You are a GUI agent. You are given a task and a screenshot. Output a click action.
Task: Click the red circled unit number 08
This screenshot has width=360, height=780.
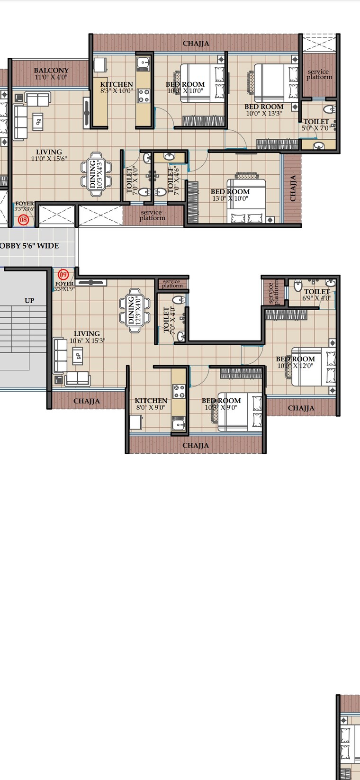tap(23, 220)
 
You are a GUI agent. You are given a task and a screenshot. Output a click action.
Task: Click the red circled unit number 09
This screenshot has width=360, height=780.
tap(63, 275)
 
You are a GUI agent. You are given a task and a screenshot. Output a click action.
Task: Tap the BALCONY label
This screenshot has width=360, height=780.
tap(51, 71)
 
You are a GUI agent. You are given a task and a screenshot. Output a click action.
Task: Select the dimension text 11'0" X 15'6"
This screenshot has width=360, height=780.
tap(49, 159)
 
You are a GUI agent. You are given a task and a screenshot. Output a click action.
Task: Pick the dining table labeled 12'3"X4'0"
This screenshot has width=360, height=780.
tap(135, 310)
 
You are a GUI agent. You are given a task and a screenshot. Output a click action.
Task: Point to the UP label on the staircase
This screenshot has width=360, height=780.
tap(29, 301)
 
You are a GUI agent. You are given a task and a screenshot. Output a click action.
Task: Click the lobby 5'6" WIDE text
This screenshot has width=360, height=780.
tap(29, 246)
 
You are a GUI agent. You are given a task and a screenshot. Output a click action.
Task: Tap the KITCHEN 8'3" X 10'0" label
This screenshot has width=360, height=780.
tap(116, 88)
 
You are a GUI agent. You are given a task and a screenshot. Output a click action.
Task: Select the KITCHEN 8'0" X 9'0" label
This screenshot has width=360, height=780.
tap(151, 404)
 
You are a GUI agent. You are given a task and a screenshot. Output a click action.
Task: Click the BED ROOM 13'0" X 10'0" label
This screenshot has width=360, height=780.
tap(230, 195)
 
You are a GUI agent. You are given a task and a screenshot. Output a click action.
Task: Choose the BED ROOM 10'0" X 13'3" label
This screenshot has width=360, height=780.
tap(264, 110)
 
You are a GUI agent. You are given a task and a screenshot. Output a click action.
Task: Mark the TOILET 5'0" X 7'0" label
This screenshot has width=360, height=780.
tap(316, 125)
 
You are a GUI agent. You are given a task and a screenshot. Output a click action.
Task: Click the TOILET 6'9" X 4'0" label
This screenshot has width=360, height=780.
tap(317, 295)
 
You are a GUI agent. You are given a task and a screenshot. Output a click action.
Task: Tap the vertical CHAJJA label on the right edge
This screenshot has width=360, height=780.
tap(293, 188)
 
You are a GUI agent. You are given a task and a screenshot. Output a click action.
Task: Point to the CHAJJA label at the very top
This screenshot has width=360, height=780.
tap(196, 44)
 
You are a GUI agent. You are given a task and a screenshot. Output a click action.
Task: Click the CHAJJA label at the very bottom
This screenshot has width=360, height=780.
tap(196, 446)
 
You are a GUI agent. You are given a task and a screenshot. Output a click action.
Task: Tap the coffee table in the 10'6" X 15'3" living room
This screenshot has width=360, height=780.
tap(78, 355)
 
